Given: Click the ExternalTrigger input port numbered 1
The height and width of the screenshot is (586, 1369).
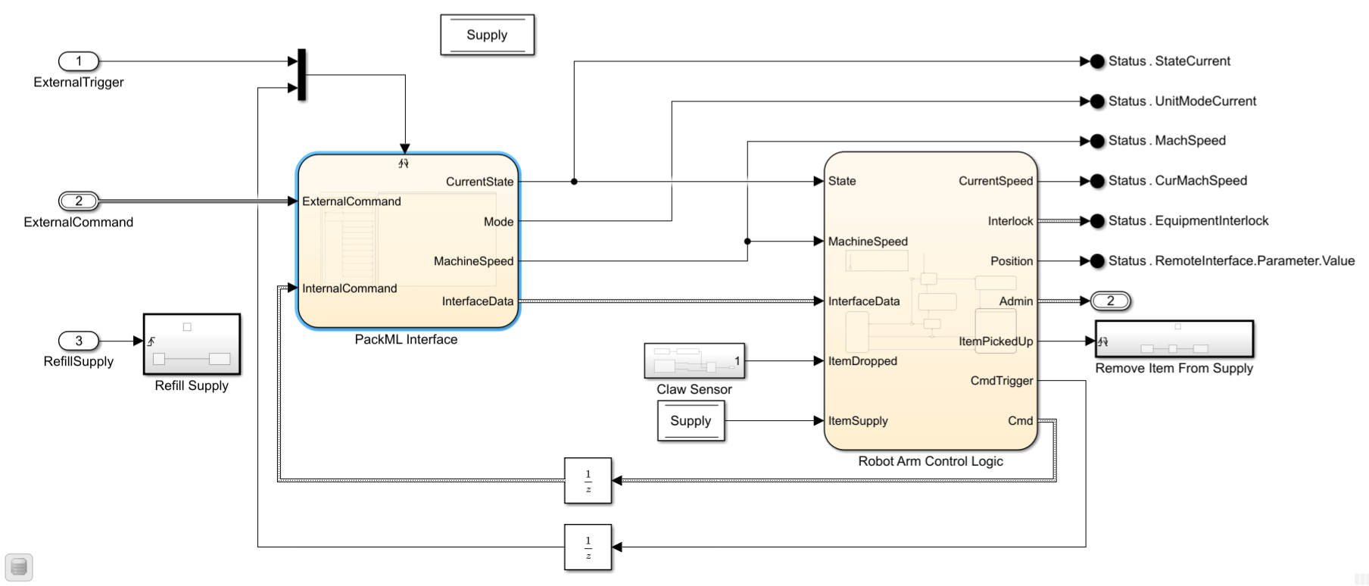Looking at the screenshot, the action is [x=79, y=61].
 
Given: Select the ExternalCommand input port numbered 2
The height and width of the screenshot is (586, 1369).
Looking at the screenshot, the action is [x=79, y=201].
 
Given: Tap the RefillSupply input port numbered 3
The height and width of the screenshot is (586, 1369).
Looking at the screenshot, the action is [x=79, y=341].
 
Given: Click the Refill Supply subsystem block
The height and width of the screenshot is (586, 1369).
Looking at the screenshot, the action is [x=192, y=344].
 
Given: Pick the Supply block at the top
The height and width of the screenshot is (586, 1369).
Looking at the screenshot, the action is [x=488, y=35].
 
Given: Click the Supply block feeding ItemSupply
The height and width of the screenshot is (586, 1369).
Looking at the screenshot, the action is [x=691, y=421].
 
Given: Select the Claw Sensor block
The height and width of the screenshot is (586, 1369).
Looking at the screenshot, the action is [x=695, y=361].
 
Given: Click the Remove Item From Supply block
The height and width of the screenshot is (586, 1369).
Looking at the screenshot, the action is [x=1174, y=338].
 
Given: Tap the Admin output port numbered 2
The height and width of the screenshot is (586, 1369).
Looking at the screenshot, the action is [x=1111, y=301].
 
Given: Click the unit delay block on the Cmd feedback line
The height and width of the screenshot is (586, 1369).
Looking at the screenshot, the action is [x=588, y=481].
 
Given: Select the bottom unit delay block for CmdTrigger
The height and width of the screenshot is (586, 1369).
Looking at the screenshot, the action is [x=588, y=547].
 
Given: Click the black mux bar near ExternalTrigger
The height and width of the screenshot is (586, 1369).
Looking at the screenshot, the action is [x=302, y=75].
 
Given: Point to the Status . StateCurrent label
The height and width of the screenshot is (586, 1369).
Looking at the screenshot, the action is [x=1169, y=61].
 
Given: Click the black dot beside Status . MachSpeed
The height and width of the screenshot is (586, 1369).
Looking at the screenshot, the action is [x=1097, y=141].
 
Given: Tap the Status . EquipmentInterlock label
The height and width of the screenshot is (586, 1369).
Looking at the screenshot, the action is [x=1188, y=221].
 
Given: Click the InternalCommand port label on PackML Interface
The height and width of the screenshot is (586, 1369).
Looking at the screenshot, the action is [x=349, y=288].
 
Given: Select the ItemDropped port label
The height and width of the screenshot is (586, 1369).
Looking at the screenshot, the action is [x=862, y=361].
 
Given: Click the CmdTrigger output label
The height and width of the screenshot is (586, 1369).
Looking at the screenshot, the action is [x=1002, y=381].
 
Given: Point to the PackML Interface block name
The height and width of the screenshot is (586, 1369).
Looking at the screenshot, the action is [x=406, y=340].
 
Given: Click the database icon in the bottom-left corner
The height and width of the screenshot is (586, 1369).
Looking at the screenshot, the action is [x=19, y=567].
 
